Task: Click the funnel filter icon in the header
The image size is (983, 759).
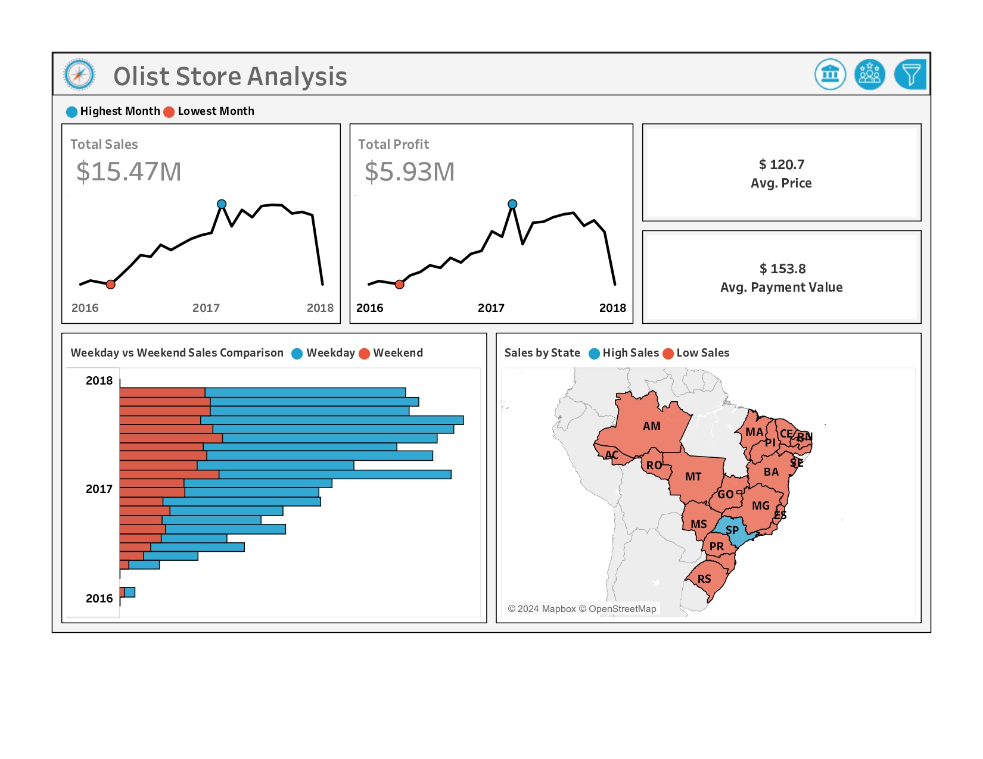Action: [910, 74]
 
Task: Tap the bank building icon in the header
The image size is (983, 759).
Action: [830, 74]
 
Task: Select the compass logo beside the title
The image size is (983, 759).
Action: [79, 75]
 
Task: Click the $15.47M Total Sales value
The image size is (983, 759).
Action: [129, 171]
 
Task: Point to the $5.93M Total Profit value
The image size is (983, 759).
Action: [409, 171]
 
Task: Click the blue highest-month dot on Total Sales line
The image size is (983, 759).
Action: [222, 204]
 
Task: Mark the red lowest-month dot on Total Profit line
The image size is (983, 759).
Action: [400, 285]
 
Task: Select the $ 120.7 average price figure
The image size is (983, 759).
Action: [781, 164]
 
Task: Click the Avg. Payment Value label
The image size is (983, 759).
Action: [781, 288]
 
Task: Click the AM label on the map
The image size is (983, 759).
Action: [651, 426]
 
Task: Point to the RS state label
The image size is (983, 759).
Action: [704, 579]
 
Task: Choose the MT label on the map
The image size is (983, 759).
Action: [693, 477]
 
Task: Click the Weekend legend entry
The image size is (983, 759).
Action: [397, 353]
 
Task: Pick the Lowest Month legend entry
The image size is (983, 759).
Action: [215, 111]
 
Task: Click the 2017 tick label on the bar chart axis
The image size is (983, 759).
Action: [99, 489]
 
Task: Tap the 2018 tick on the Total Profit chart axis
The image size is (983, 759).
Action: [612, 308]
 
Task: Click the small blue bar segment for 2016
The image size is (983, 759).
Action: [130, 592]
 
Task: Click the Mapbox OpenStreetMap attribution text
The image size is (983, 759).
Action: [582, 609]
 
